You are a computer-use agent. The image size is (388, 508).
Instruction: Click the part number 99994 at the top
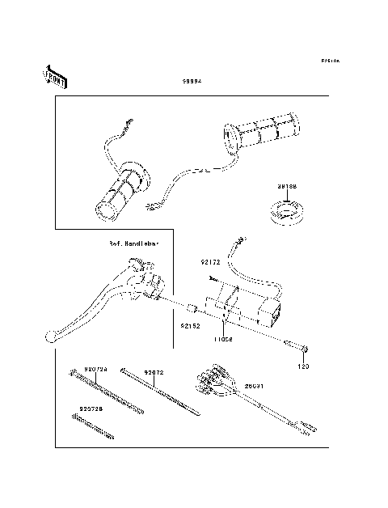point(191,83)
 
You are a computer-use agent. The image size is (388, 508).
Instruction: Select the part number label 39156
point(288,187)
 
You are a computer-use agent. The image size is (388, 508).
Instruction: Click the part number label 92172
point(210,263)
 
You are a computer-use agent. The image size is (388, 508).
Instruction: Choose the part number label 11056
point(224,340)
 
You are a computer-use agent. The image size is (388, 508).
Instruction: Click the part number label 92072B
point(91,409)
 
